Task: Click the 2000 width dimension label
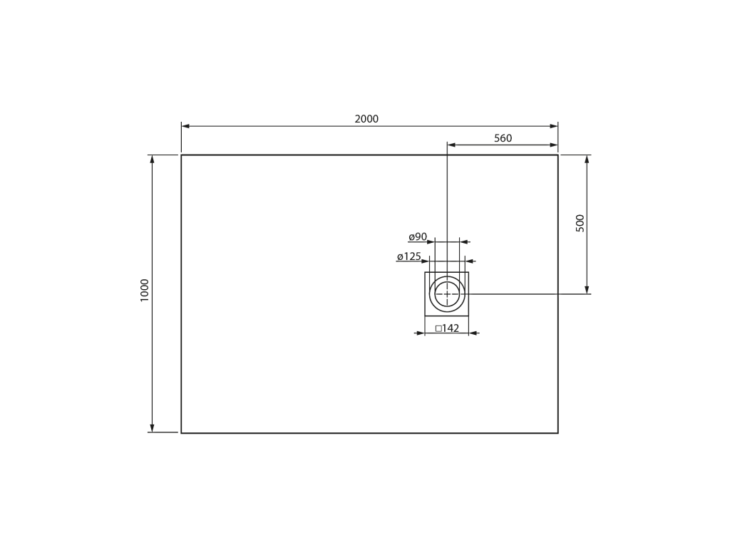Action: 366,119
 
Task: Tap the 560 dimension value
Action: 503,138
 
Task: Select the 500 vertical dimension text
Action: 580,223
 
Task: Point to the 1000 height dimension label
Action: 144,291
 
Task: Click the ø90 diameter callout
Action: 418,236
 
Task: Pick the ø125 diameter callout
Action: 408,256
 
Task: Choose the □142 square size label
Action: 447,328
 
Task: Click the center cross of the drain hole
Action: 447,294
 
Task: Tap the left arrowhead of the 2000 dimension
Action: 185,125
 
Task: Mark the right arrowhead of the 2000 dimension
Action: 554,125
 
